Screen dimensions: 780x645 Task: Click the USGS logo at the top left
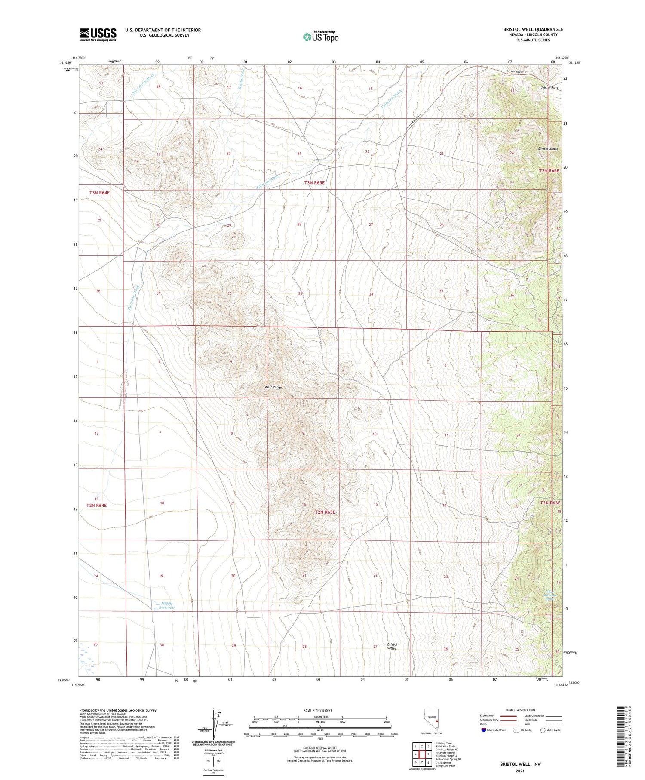[98, 34]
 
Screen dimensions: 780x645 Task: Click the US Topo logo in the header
[321, 37]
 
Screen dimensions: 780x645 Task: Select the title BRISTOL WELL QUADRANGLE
[533, 29]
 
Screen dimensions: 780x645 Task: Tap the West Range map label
[273, 387]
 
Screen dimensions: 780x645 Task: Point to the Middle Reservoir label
[167, 605]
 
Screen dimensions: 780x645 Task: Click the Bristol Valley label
[392, 646]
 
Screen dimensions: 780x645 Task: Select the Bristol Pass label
[549, 88]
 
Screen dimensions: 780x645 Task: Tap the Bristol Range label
[548, 149]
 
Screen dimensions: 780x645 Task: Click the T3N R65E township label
[314, 183]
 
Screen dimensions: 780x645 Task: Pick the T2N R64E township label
[96, 506]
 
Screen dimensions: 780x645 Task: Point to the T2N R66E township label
[550, 503]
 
